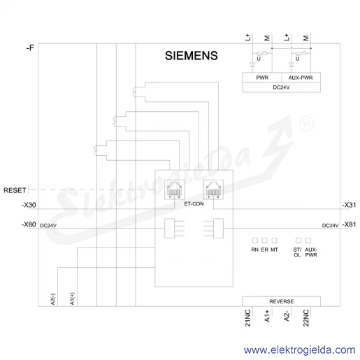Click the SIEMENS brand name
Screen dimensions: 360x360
tap(192, 56)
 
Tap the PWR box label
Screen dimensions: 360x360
tap(262, 78)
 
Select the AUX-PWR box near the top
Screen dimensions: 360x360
tap(301, 78)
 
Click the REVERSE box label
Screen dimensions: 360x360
tap(282, 301)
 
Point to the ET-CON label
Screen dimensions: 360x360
tap(194, 204)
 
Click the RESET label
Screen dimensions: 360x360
tap(15, 190)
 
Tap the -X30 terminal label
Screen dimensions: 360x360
tap(29, 205)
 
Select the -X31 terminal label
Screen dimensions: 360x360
tap(349, 205)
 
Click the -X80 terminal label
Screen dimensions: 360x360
tap(29, 224)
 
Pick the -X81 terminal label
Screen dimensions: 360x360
tap(349, 224)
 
